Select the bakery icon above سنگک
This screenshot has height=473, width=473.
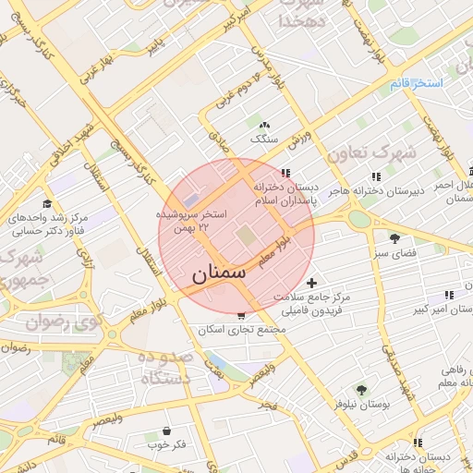(265, 125)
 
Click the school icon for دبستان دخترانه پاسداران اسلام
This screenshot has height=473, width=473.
(286, 173)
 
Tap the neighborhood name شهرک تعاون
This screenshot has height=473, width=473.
(371, 152)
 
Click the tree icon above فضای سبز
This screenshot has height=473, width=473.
(394, 237)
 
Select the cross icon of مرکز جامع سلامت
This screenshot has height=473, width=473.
(311, 282)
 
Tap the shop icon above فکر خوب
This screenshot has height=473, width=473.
(166, 431)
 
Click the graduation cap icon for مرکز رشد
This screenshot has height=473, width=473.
(47, 204)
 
